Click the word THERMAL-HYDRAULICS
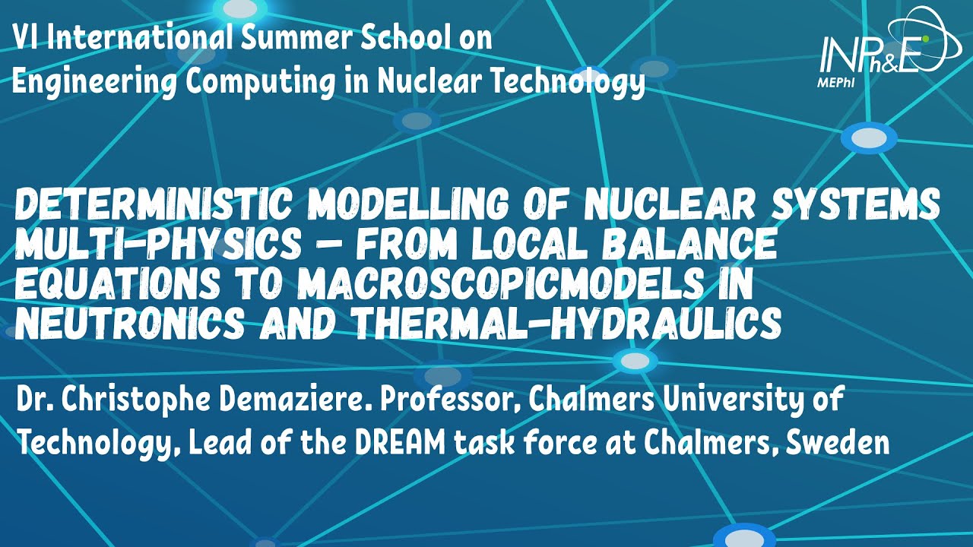[566, 326]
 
